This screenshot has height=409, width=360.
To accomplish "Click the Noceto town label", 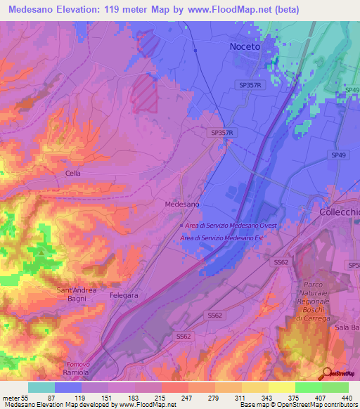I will pos(245,46).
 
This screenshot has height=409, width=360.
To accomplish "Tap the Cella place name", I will pos(73,173).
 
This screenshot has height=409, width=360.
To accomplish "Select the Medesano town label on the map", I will pos(182,204).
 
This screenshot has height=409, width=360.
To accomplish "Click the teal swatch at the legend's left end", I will pos(41,387).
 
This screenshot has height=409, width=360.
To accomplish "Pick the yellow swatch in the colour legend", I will pos(281,387).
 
